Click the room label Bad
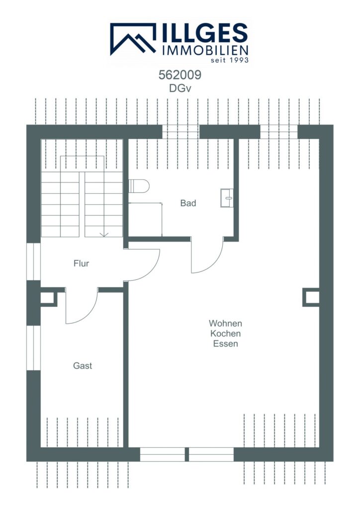click(188, 203)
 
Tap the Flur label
click(81, 263)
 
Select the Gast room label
click(83, 366)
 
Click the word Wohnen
click(225, 323)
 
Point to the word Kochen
click(225, 334)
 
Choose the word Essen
click(225, 343)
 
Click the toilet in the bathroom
click(139, 186)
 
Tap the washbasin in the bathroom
click(227, 198)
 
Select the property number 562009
click(180, 75)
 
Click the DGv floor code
click(180, 88)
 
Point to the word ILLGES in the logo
click(204, 33)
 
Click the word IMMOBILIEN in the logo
click(205, 50)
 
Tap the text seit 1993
click(230, 60)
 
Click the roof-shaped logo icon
click(133, 39)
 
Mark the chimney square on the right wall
click(311, 297)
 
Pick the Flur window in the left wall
click(37, 261)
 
